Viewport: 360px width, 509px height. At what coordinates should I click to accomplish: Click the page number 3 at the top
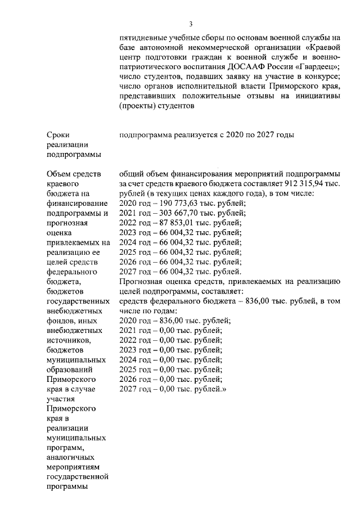191,24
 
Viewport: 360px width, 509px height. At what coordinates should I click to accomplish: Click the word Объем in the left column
61,174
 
